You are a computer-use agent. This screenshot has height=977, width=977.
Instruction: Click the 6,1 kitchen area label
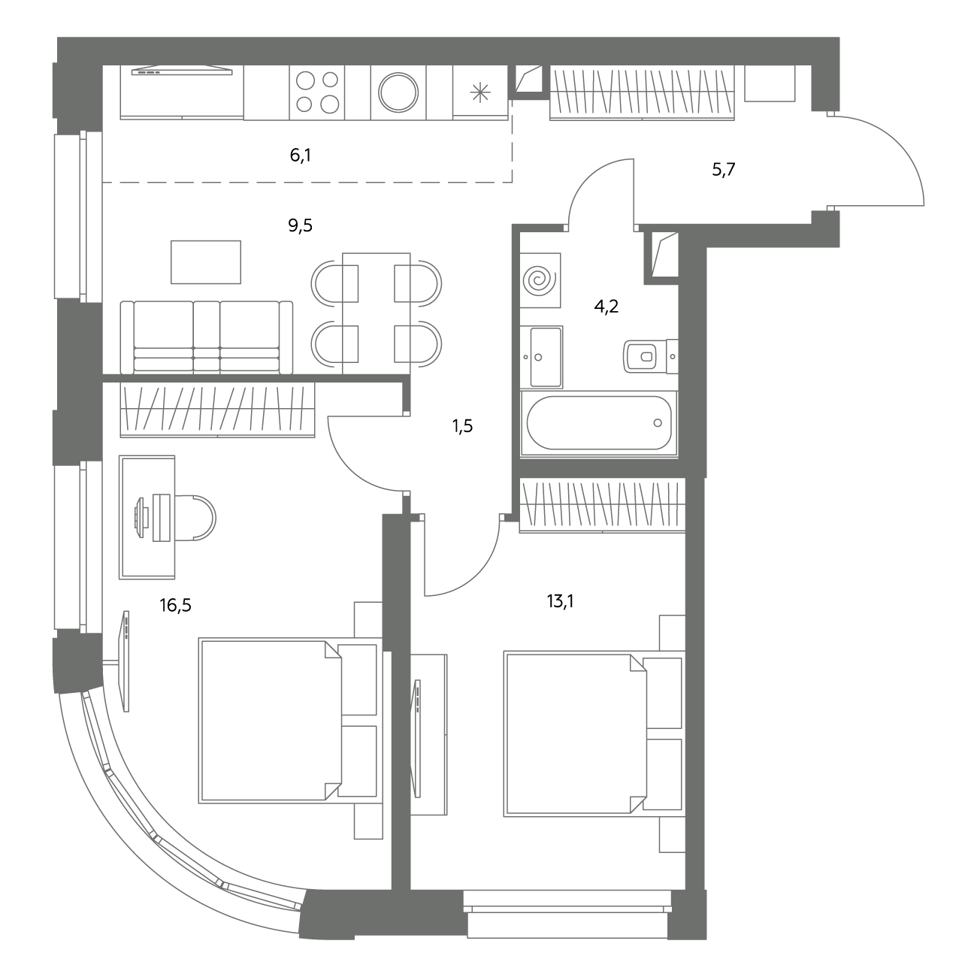point(300,155)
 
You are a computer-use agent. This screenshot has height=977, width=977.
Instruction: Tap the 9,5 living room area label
point(300,225)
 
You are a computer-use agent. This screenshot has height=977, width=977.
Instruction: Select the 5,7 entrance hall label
point(724,169)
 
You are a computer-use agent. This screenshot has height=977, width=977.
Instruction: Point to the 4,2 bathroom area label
point(606,306)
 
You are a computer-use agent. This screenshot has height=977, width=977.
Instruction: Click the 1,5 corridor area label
point(462,426)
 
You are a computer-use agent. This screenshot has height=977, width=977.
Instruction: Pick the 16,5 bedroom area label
point(175,605)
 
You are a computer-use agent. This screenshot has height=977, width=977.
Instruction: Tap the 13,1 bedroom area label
point(560,601)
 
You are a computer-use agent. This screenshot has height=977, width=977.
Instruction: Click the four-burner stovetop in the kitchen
point(317,92)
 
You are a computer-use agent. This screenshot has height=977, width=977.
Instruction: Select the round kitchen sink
point(398,92)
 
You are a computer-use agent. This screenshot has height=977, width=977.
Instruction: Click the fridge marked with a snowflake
point(480,92)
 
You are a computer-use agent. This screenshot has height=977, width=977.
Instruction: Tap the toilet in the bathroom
point(651,356)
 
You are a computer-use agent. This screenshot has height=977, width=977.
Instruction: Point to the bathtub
point(599,423)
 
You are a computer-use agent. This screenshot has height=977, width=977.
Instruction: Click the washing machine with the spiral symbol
point(540,280)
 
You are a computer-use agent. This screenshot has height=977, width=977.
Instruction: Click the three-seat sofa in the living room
point(207,337)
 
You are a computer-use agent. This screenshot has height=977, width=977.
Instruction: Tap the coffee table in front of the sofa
point(206,262)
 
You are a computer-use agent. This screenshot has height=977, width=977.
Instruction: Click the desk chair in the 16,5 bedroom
point(195,518)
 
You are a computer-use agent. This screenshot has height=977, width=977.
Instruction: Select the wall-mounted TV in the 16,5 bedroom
point(126,661)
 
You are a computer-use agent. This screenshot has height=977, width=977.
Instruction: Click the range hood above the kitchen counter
point(182,71)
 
